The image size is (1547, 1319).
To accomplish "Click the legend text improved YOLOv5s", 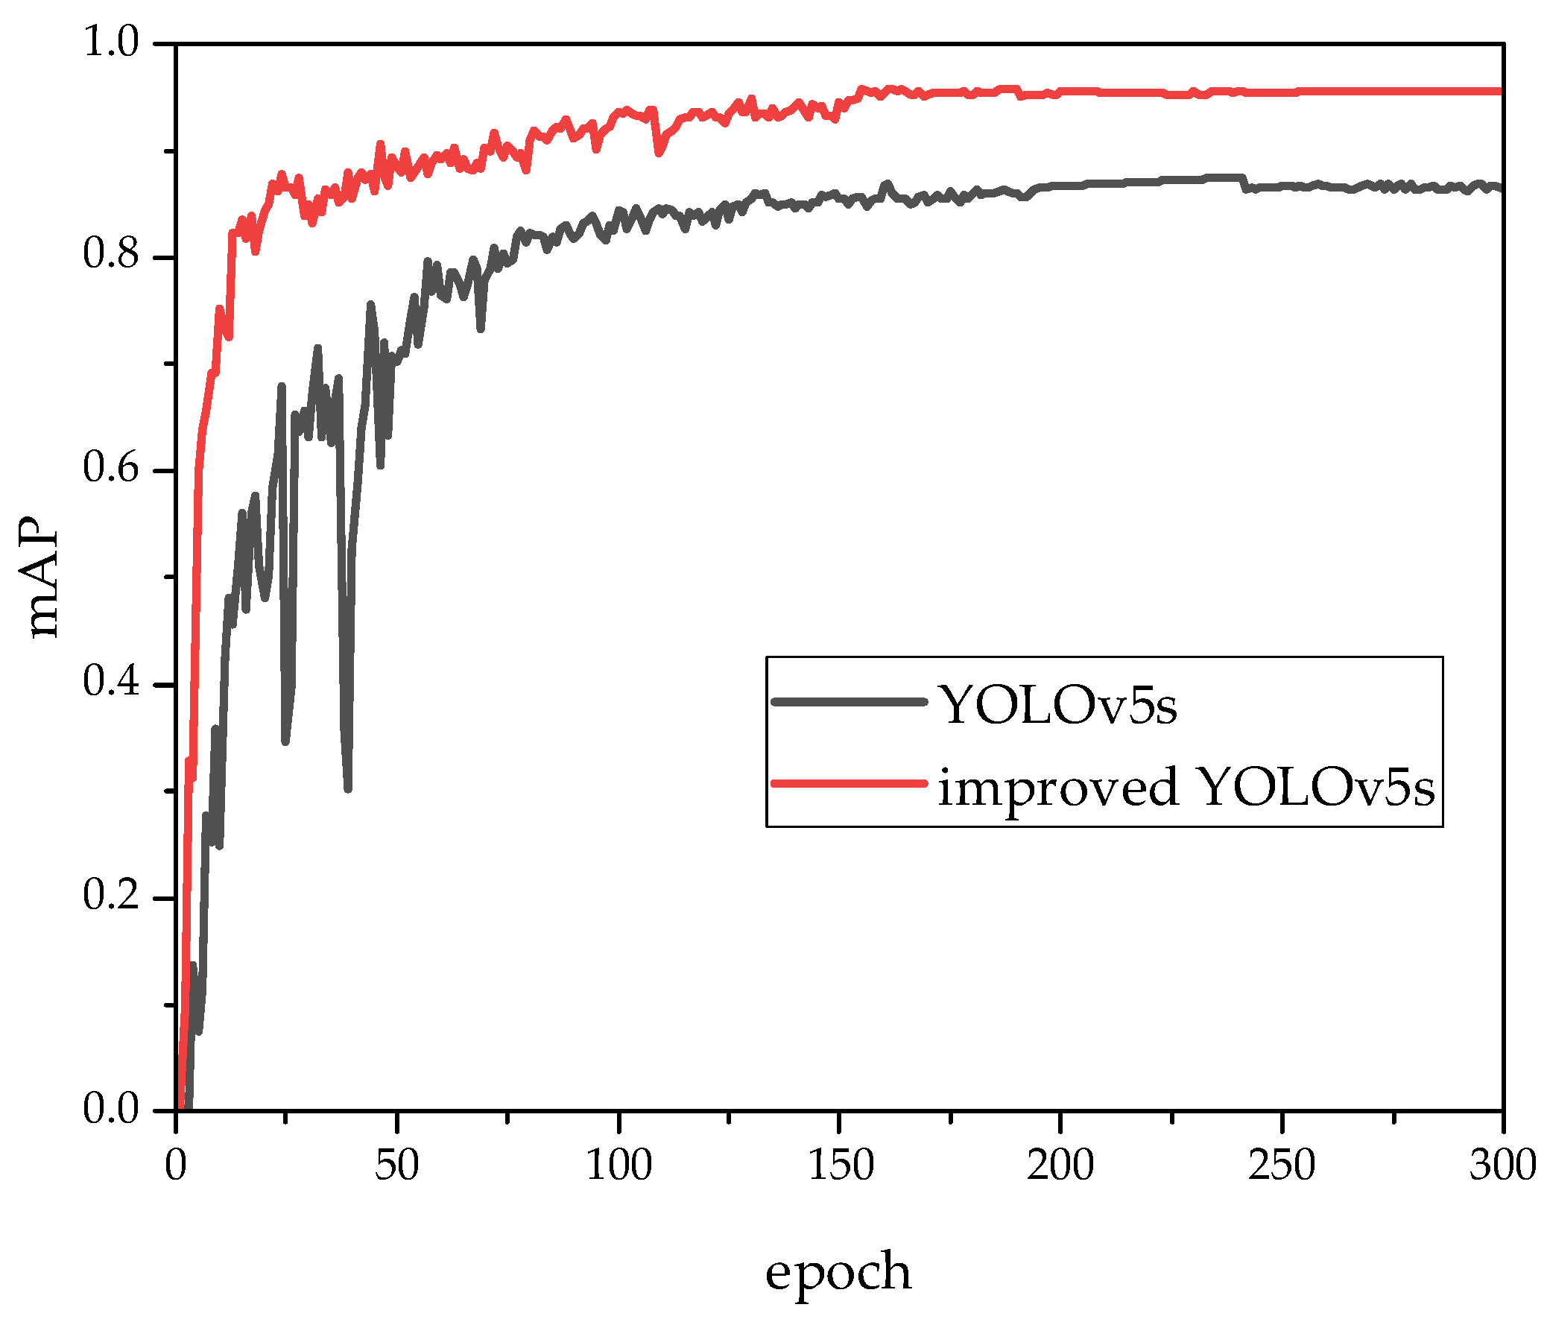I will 1186,787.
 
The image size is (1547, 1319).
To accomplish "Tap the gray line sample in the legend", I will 849,702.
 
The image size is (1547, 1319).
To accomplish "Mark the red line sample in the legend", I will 849,783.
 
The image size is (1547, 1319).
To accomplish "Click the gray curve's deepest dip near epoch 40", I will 348,788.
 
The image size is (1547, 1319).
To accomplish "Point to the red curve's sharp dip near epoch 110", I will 659,153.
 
